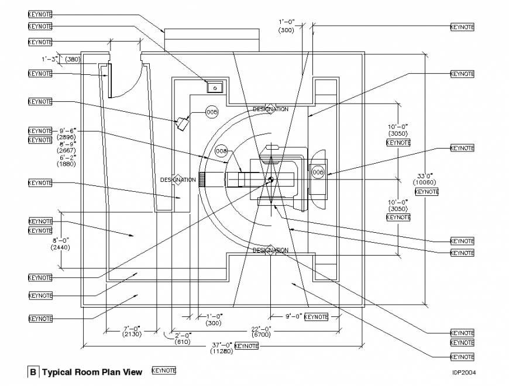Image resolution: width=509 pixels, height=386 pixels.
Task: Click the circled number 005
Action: coord(212,112)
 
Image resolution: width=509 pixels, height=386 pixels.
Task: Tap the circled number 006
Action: coord(318,173)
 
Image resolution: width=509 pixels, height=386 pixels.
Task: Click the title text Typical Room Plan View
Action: coord(92,372)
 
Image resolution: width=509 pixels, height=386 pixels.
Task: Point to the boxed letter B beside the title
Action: coord(33,372)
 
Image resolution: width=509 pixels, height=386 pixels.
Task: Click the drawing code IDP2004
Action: coord(463,373)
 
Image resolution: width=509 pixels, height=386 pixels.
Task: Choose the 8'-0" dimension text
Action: coord(61,240)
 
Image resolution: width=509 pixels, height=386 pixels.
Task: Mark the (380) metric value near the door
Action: coord(73,59)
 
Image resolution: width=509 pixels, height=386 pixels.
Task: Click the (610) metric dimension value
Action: coord(184,341)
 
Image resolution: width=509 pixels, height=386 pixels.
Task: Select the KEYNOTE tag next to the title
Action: coord(163,371)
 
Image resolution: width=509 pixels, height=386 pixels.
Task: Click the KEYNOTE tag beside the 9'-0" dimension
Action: coord(316,316)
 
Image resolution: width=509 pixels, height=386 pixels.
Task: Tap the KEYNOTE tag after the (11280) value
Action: coord(246,346)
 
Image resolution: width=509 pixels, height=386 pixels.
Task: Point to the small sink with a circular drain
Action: coord(215,87)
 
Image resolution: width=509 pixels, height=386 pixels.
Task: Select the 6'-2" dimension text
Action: coord(66,157)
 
